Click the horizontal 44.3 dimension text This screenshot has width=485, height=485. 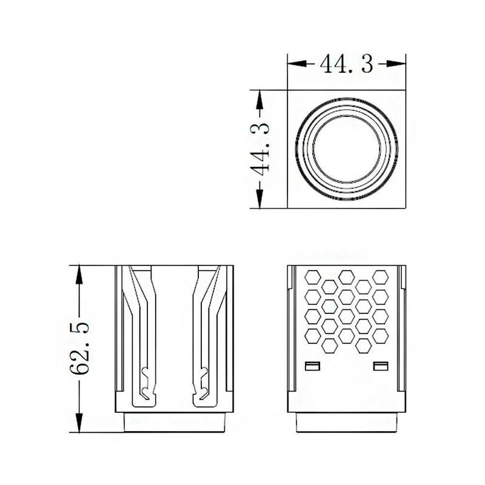pyautogui.click(x=346, y=64)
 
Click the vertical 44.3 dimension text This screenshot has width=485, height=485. pyautogui.click(x=260, y=149)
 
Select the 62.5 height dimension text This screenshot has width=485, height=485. pyautogui.click(x=79, y=348)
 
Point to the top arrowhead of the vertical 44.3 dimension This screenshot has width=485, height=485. pyautogui.click(x=260, y=99)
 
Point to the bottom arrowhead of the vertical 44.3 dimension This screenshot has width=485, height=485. pyautogui.click(x=260, y=199)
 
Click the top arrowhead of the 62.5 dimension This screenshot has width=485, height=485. pyautogui.click(x=79, y=275)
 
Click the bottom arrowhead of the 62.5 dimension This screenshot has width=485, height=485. pyautogui.click(x=79, y=422)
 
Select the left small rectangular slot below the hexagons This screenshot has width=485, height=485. pyautogui.click(x=312, y=366)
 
